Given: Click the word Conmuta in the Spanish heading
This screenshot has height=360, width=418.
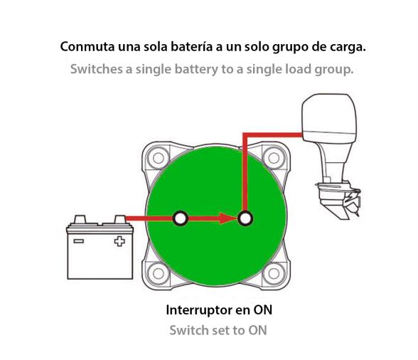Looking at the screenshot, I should pos(86,48).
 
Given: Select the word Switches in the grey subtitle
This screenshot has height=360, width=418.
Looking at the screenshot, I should pos(95,70).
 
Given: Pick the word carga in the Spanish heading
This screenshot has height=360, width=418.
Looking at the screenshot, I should pos(348,48).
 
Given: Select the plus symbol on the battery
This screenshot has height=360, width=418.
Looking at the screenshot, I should pos(119,240).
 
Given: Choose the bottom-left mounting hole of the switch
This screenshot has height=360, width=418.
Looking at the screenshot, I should pos(155,271).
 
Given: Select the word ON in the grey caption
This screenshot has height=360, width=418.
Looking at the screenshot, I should pos(257,331).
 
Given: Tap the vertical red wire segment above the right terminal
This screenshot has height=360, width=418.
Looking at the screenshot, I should pos(245,171).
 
